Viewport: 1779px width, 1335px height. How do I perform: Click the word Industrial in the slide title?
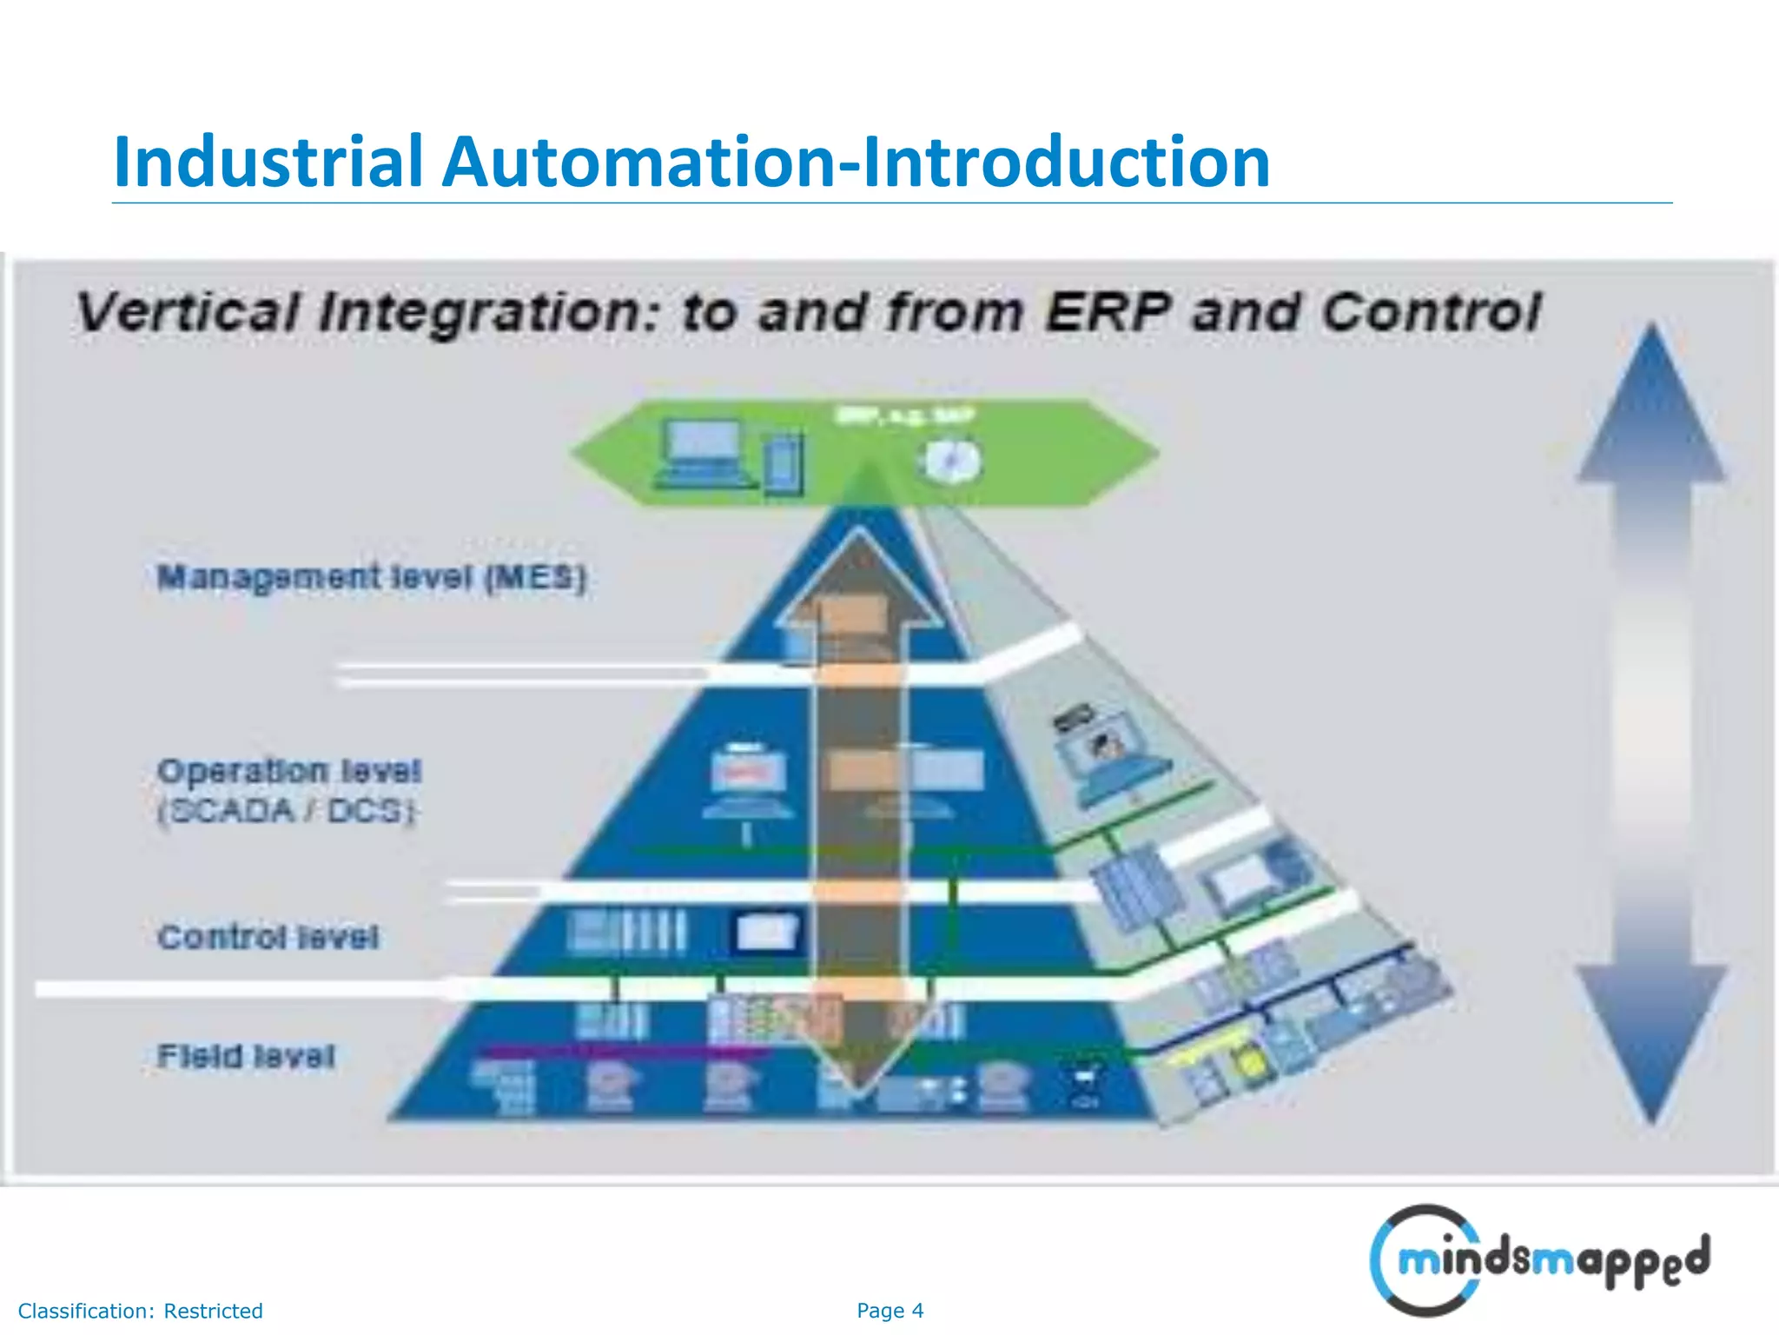[268, 163]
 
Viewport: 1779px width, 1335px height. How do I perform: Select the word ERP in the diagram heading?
[1107, 312]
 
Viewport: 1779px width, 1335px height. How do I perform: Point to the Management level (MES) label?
[371, 578]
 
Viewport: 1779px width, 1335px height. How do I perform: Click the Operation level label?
[288, 771]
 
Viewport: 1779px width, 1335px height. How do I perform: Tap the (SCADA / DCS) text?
[287, 811]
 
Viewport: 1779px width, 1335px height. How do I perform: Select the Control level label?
[268, 937]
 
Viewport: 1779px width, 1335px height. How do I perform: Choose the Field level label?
[246, 1056]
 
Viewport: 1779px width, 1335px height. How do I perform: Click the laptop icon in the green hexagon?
[703, 454]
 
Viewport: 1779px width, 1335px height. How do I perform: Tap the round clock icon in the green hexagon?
[951, 462]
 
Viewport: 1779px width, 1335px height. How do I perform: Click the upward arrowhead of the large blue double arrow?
[1651, 408]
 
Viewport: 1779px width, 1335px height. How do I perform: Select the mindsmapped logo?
[1539, 1260]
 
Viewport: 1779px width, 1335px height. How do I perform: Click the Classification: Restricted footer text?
[140, 1311]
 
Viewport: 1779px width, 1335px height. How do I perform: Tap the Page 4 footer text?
[889, 1311]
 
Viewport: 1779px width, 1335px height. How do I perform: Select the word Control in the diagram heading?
[1431, 312]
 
